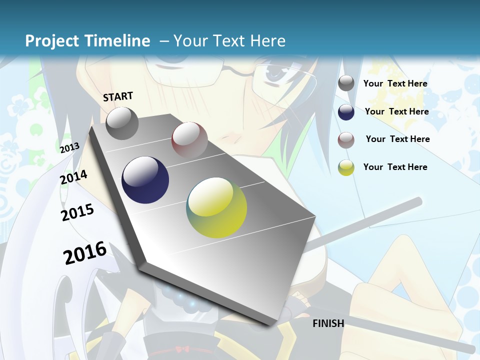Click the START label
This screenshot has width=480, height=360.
pyautogui.click(x=118, y=96)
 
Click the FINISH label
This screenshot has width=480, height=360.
pyautogui.click(x=328, y=323)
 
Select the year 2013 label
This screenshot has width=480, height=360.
pyautogui.click(x=70, y=148)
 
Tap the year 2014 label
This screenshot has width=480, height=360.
pyautogui.click(x=73, y=177)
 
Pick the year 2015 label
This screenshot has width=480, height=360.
pyautogui.click(x=77, y=212)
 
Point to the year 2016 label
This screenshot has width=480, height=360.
pyautogui.click(x=85, y=252)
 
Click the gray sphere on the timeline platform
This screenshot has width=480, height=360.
pyautogui.click(x=122, y=123)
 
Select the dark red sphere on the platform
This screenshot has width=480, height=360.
pyautogui.click(x=189, y=140)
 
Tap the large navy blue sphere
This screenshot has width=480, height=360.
pyautogui.click(x=145, y=180)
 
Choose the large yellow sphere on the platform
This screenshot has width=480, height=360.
pyautogui.click(x=216, y=207)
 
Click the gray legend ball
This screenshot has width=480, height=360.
pyautogui.click(x=346, y=83)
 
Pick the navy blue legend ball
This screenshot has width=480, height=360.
pyautogui.click(x=346, y=112)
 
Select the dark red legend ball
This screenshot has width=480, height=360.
pyautogui.click(x=346, y=140)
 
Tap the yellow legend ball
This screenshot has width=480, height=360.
pyautogui.click(x=346, y=167)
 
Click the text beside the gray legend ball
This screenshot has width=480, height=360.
pyautogui.click(x=395, y=83)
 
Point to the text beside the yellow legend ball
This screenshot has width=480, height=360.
pyautogui.click(x=395, y=167)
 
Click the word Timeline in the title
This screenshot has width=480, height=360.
pyautogui.click(x=118, y=41)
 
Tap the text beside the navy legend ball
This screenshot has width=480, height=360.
pyautogui.click(x=396, y=111)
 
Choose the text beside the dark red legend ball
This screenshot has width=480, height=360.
pyautogui.click(x=397, y=139)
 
